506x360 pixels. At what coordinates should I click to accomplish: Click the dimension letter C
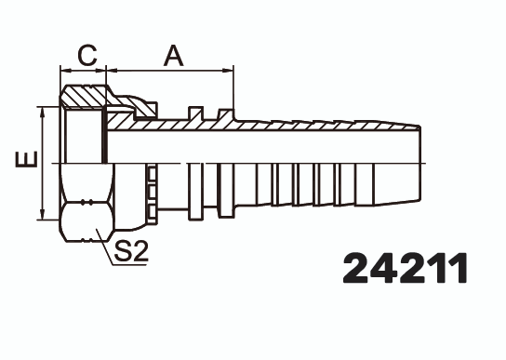pos(87,56)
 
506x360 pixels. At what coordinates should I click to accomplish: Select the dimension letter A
pos(173,56)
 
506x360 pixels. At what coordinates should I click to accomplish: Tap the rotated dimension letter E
pos(27,161)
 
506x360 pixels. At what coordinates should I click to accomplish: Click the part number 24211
pos(405,269)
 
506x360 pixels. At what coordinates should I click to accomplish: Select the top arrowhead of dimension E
pos(42,109)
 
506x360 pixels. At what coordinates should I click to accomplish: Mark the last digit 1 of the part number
pos(455,269)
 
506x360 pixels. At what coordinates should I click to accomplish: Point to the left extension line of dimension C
pos(60,79)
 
